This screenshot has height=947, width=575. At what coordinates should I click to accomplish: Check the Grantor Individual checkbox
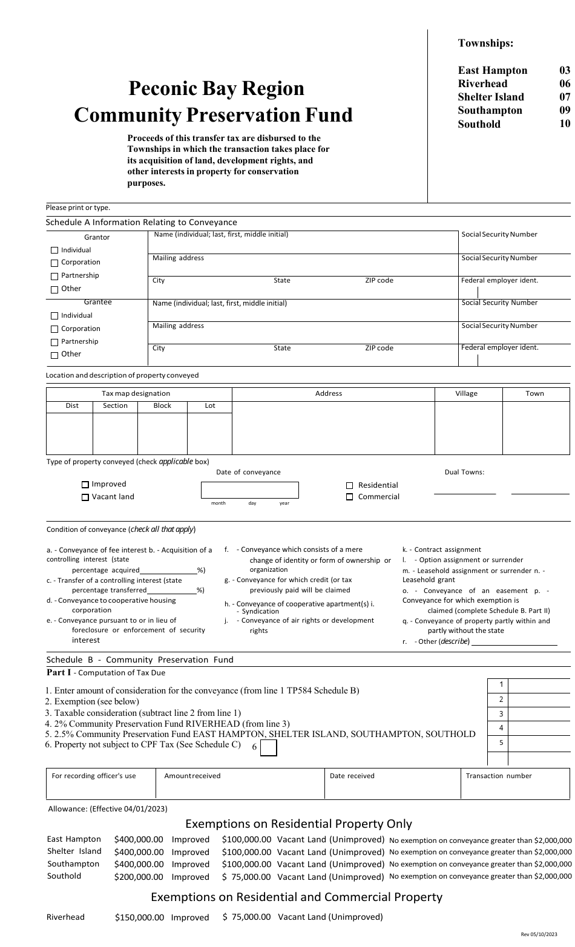tap(55, 250)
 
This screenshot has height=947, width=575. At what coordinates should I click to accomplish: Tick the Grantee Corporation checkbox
tap(55, 329)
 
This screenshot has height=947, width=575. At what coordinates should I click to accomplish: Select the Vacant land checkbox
tap(85, 497)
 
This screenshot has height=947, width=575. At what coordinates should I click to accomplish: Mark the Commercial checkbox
tap(350, 497)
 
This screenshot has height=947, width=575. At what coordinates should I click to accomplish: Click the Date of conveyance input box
tap(249, 490)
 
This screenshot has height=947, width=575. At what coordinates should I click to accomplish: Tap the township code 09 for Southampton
tap(564, 110)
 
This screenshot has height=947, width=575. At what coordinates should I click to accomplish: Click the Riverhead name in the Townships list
tap(482, 84)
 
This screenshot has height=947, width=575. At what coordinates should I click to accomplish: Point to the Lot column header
tap(210, 405)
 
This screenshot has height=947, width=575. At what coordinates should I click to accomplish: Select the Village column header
tap(467, 393)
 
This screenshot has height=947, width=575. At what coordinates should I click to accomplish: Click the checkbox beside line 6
tap(268, 749)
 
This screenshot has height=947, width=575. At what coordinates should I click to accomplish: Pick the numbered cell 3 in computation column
tap(501, 714)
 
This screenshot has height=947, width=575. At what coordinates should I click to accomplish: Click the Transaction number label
tap(499, 776)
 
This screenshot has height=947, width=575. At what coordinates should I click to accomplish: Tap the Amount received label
tap(192, 776)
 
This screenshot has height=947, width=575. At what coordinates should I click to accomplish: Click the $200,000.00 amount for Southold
tap(139, 877)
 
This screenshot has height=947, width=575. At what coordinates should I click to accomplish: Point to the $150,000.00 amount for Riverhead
tap(139, 917)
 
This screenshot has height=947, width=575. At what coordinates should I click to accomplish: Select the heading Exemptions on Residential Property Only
tap(298, 824)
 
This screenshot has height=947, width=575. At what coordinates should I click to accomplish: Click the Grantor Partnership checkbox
tap(55, 276)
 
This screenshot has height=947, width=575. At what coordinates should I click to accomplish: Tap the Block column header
tap(162, 405)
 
